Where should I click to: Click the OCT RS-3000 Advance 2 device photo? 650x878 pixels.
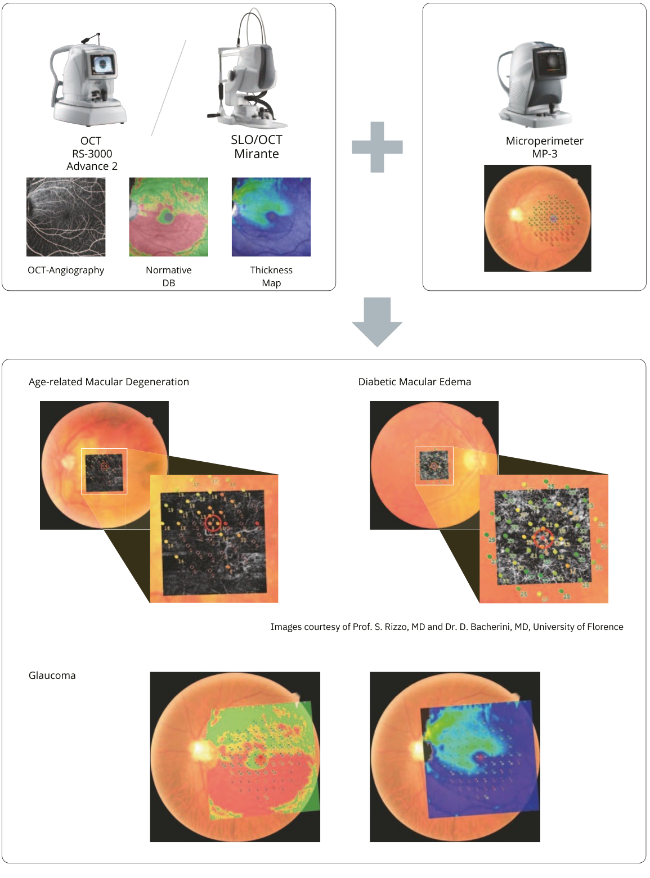point(89,82)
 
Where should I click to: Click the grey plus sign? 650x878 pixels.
point(377,147)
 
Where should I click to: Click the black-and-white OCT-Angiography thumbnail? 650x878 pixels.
point(66,217)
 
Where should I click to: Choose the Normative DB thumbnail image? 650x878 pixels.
point(168,217)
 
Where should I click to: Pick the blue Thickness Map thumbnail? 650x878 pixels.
point(271,217)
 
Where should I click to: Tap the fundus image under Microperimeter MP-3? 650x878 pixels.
point(537,218)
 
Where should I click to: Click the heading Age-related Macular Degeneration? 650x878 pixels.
point(109,382)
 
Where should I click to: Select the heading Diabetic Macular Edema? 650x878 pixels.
point(415,382)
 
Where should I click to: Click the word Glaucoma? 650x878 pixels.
point(52,676)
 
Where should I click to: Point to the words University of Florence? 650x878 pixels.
point(578,627)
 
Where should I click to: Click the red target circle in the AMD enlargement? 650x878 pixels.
point(213,523)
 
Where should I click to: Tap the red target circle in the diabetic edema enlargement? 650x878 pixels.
point(543,538)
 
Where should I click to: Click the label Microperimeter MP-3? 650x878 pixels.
point(544,147)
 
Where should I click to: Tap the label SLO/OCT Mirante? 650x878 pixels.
point(257,147)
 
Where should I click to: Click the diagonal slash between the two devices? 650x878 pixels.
point(169,87)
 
